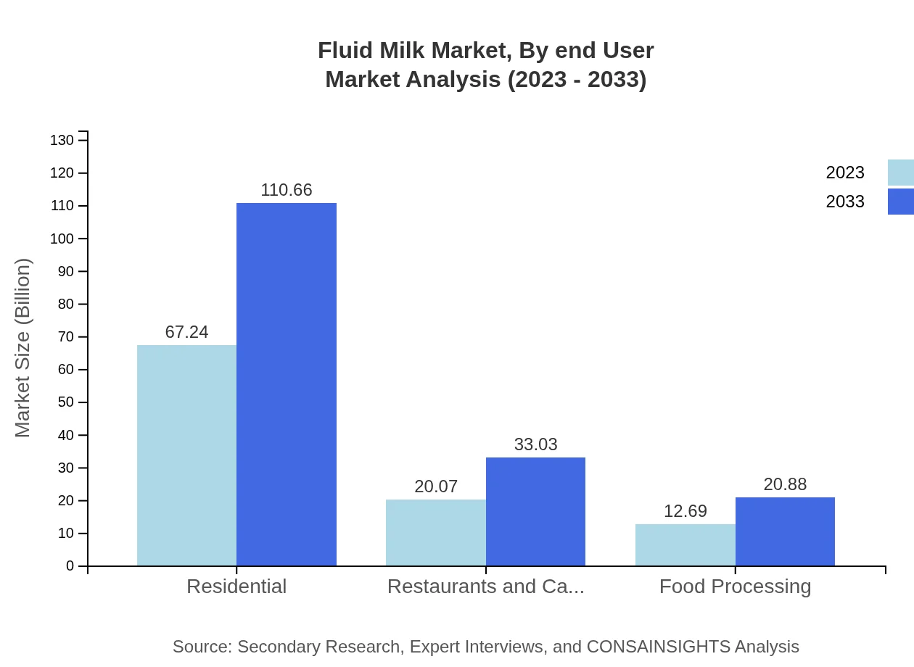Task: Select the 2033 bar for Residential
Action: (x=287, y=384)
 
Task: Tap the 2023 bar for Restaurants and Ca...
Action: (x=436, y=532)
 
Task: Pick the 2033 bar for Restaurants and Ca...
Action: (x=535, y=511)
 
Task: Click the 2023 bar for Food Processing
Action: (x=685, y=544)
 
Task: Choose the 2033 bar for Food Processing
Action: (x=785, y=531)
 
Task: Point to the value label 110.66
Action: (x=287, y=190)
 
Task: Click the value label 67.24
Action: (x=186, y=332)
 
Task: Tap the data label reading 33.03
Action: (x=535, y=444)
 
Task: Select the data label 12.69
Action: (x=685, y=511)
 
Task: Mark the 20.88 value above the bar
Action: (x=785, y=484)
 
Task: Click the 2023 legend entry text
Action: (x=845, y=173)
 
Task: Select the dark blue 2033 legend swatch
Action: (x=901, y=202)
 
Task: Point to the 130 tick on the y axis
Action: (x=62, y=141)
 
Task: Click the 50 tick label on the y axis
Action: (x=66, y=402)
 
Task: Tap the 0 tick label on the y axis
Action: (x=70, y=566)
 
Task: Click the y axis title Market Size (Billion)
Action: (x=23, y=348)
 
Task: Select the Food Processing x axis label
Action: (x=735, y=586)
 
